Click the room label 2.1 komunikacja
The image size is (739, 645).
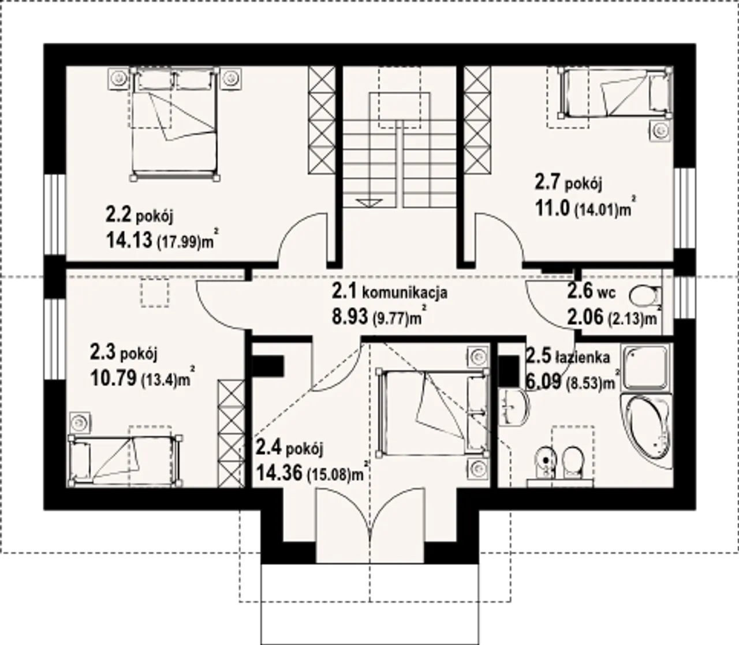click(389, 292)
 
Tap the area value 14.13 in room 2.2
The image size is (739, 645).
click(129, 241)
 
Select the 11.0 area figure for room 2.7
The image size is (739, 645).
click(553, 208)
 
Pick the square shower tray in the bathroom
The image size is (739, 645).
click(646, 368)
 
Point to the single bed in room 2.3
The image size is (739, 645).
click(125, 461)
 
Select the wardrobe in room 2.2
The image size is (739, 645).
click(322, 121)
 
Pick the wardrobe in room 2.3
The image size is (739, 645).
click(231, 433)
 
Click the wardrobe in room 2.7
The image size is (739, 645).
click(477, 121)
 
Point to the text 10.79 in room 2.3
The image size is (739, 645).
click(114, 378)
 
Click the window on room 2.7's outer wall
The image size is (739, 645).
click(685, 208)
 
